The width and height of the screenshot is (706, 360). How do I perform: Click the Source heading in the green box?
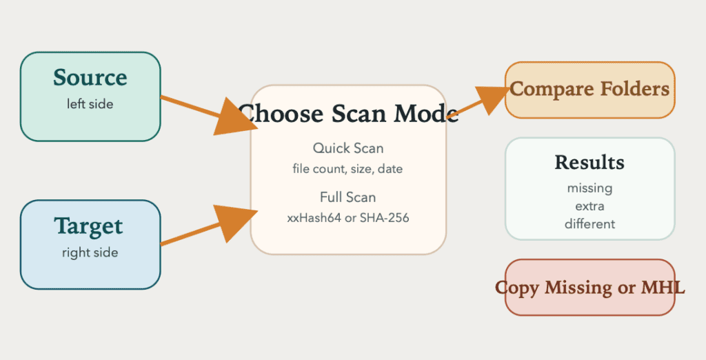pyautogui.click(x=90, y=77)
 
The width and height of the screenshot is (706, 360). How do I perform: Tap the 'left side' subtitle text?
pyautogui.click(x=90, y=104)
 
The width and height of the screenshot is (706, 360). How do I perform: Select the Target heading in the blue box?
pyautogui.click(x=89, y=227)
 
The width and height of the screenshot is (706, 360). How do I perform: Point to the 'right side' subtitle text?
pyautogui.click(x=90, y=252)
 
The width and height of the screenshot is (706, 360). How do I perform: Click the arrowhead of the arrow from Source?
pyautogui.click(x=236, y=117)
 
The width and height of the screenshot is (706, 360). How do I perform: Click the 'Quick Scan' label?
pyautogui.click(x=348, y=148)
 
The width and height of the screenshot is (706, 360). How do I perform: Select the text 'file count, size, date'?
pyautogui.click(x=347, y=169)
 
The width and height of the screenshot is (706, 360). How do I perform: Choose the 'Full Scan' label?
pyautogui.click(x=347, y=197)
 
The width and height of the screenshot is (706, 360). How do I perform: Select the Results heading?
pyautogui.click(x=589, y=163)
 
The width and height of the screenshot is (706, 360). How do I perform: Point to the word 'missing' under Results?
pyautogui.click(x=590, y=188)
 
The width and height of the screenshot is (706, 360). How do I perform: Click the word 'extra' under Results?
pyautogui.click(x=590, y=206)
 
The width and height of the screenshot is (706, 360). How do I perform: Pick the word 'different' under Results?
pyautogui.click(x=590, y=224)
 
